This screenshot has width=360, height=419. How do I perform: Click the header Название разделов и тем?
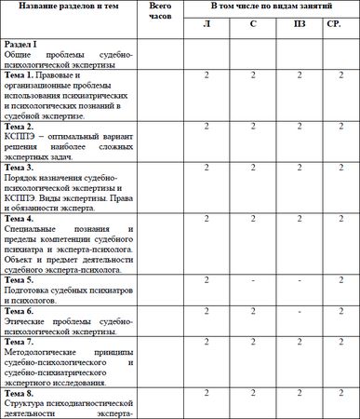(69, 7)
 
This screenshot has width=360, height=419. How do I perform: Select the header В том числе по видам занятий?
(271, 7)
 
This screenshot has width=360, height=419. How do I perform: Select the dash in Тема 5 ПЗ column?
(299, 280)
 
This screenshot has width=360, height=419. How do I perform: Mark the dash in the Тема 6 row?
(299, 311)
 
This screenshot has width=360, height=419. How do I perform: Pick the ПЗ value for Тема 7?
(299, 342)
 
